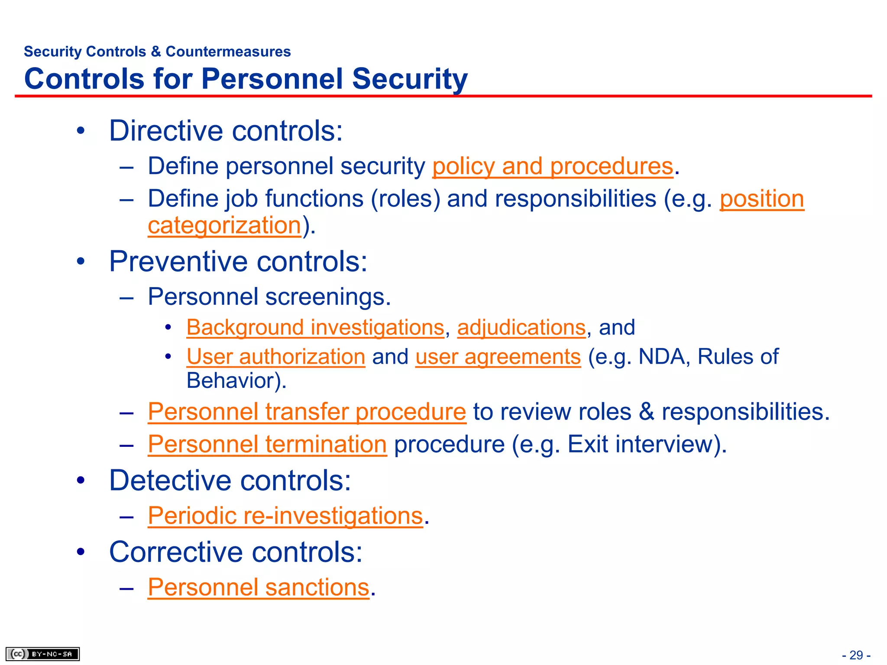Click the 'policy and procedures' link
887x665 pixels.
(553, 166)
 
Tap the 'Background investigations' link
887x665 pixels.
(315, 327)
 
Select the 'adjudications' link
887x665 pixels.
(521, 327)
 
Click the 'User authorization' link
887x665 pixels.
(276, 357)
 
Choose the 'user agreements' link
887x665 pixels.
(498, 357)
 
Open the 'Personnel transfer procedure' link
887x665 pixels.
(307, 411)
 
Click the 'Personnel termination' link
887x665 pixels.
(267, 444)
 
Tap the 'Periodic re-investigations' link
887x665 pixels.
(285, 516)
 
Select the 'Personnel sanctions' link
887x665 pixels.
(259, 587)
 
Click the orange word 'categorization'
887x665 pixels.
(224, 226)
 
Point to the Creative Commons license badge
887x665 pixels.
(42, 654)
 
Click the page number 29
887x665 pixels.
(856, 655)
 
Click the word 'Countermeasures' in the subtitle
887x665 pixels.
(228, 52)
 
